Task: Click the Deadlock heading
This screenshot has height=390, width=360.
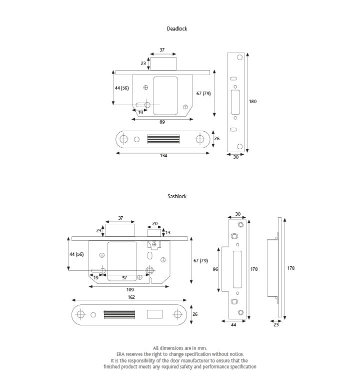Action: click(177, 29)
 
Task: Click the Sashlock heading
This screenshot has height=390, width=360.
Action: click(177, 197)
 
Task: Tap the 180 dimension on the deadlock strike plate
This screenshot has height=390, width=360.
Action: click(252, 102)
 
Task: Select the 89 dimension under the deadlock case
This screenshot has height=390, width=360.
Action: click(162, 122)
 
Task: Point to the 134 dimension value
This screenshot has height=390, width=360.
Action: click(163, 156)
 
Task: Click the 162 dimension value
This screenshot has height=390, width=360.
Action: click(130, 297)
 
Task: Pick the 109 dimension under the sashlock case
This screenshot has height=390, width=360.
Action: click(129, 290)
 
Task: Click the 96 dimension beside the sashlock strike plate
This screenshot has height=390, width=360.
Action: click(215, 269)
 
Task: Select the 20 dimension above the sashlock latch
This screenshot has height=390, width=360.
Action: click(154, 224)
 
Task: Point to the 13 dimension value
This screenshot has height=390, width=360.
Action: click(167, 233)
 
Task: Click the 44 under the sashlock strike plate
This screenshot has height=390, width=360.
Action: click(233, 325)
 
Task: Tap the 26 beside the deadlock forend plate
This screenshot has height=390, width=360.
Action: click(216, 139)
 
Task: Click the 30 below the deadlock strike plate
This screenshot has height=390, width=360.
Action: click(235, 157)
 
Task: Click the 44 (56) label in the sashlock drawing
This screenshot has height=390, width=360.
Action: click(77, 254)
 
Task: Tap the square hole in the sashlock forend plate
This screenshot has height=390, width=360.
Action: click(154, 313)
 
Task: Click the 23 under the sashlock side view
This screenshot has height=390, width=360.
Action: click(276, 325)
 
